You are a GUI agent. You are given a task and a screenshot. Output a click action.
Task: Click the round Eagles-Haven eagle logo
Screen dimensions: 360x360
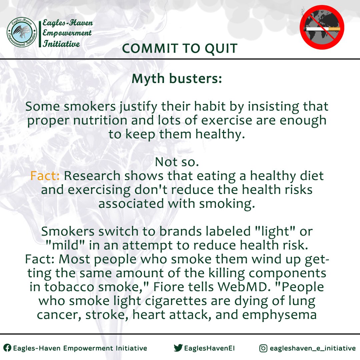pos(22,32)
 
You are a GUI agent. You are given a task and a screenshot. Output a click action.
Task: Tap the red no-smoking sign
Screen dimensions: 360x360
pos(322,27)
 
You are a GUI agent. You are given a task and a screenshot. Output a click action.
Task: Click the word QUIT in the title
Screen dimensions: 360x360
pos(221,48)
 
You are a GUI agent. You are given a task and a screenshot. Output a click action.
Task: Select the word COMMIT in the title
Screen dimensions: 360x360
pos(150,48)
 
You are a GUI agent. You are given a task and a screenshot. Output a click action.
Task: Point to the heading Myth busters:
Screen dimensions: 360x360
pos(177,79)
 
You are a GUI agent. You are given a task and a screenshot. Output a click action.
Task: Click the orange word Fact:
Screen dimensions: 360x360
pos(45,176)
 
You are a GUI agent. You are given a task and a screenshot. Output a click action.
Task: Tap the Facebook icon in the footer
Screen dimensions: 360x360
pos(7,348)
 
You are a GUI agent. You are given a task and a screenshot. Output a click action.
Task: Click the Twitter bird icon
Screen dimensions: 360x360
pos(178,348)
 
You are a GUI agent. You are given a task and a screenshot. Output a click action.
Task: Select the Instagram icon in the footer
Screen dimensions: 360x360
pos(263,348)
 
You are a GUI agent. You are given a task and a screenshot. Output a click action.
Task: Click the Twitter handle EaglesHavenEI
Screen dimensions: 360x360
pos(209,348)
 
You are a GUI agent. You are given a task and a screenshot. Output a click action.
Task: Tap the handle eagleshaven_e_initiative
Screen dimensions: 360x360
pos(313,348)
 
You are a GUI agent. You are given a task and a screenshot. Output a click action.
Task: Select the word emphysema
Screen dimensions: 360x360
pos(279,315)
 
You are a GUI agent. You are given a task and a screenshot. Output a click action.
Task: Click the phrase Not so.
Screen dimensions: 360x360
pos(177,162)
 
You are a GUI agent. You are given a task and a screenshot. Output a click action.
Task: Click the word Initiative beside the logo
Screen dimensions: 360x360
pos(61,44)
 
